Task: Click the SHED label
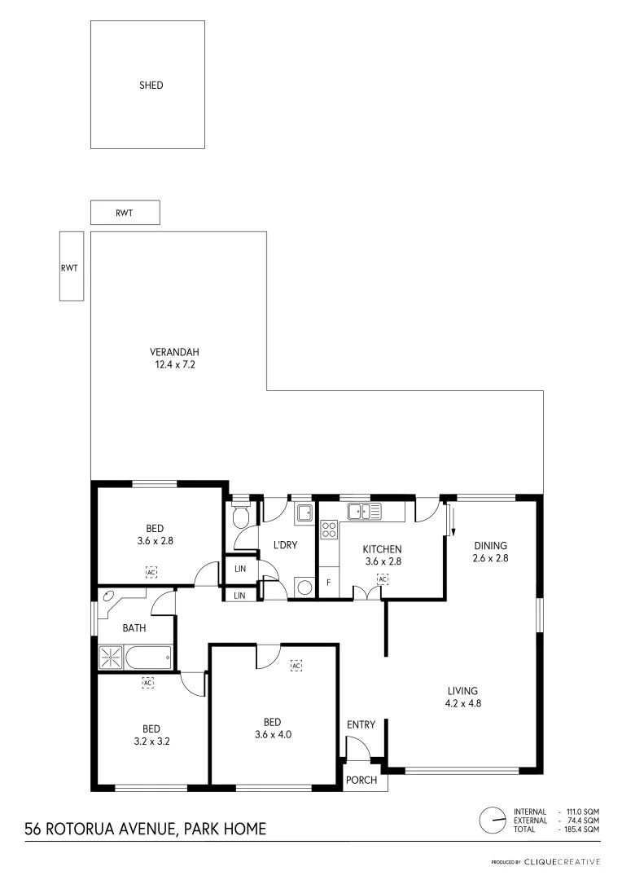click(151, 85)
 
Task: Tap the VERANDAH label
click(174, 352)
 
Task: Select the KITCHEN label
click(382, 548)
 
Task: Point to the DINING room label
click(489, 546)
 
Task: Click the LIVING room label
click(462, 690)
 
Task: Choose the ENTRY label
click(361, 725)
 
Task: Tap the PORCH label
click(361, 780)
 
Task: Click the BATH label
click(134, 628)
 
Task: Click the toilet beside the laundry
click(242, 517)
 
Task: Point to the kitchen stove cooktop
click(330, 530)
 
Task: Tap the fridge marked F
click(328, 583)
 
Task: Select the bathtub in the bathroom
click(147, 656)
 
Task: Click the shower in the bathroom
click(110, 657)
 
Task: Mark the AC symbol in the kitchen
click(383, 579)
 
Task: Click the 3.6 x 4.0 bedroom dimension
click(273, 734)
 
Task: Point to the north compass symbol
click(492, 820)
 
